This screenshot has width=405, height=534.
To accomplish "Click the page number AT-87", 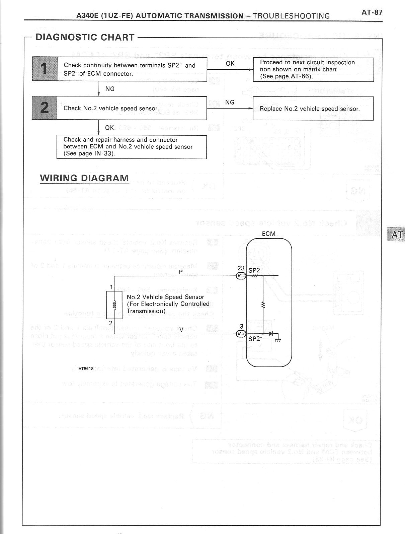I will tap(372, 12).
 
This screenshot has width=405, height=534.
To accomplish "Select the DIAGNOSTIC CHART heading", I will tap(85, 37).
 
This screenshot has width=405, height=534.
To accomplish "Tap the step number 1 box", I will tap(45, 69).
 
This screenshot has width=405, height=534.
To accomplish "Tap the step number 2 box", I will tap(45, 108).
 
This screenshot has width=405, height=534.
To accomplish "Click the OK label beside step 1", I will tap(230, 63).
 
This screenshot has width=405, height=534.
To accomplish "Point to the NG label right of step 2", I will tap(230, 102).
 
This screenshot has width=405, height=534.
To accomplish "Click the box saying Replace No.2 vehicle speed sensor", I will tap(313, 109).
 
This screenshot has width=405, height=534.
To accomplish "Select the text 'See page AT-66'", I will tap(287, 76).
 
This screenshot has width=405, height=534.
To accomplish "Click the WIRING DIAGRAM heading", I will tap(84, 178).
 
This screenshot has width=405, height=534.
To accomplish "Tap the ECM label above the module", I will tap(269, 234).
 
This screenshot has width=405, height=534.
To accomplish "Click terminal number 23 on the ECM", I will tap(241, 268).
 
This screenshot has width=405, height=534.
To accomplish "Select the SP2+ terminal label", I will tap(256, 270).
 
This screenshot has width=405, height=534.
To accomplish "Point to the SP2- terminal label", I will tap(255, 339).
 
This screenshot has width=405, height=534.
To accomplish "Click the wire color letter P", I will tap(181, 272).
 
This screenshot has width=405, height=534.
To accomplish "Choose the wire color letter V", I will tap(181, 330).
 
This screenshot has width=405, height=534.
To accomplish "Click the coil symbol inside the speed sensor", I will tap(114, 305).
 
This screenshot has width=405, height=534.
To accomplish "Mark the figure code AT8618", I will tap(86, 369).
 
